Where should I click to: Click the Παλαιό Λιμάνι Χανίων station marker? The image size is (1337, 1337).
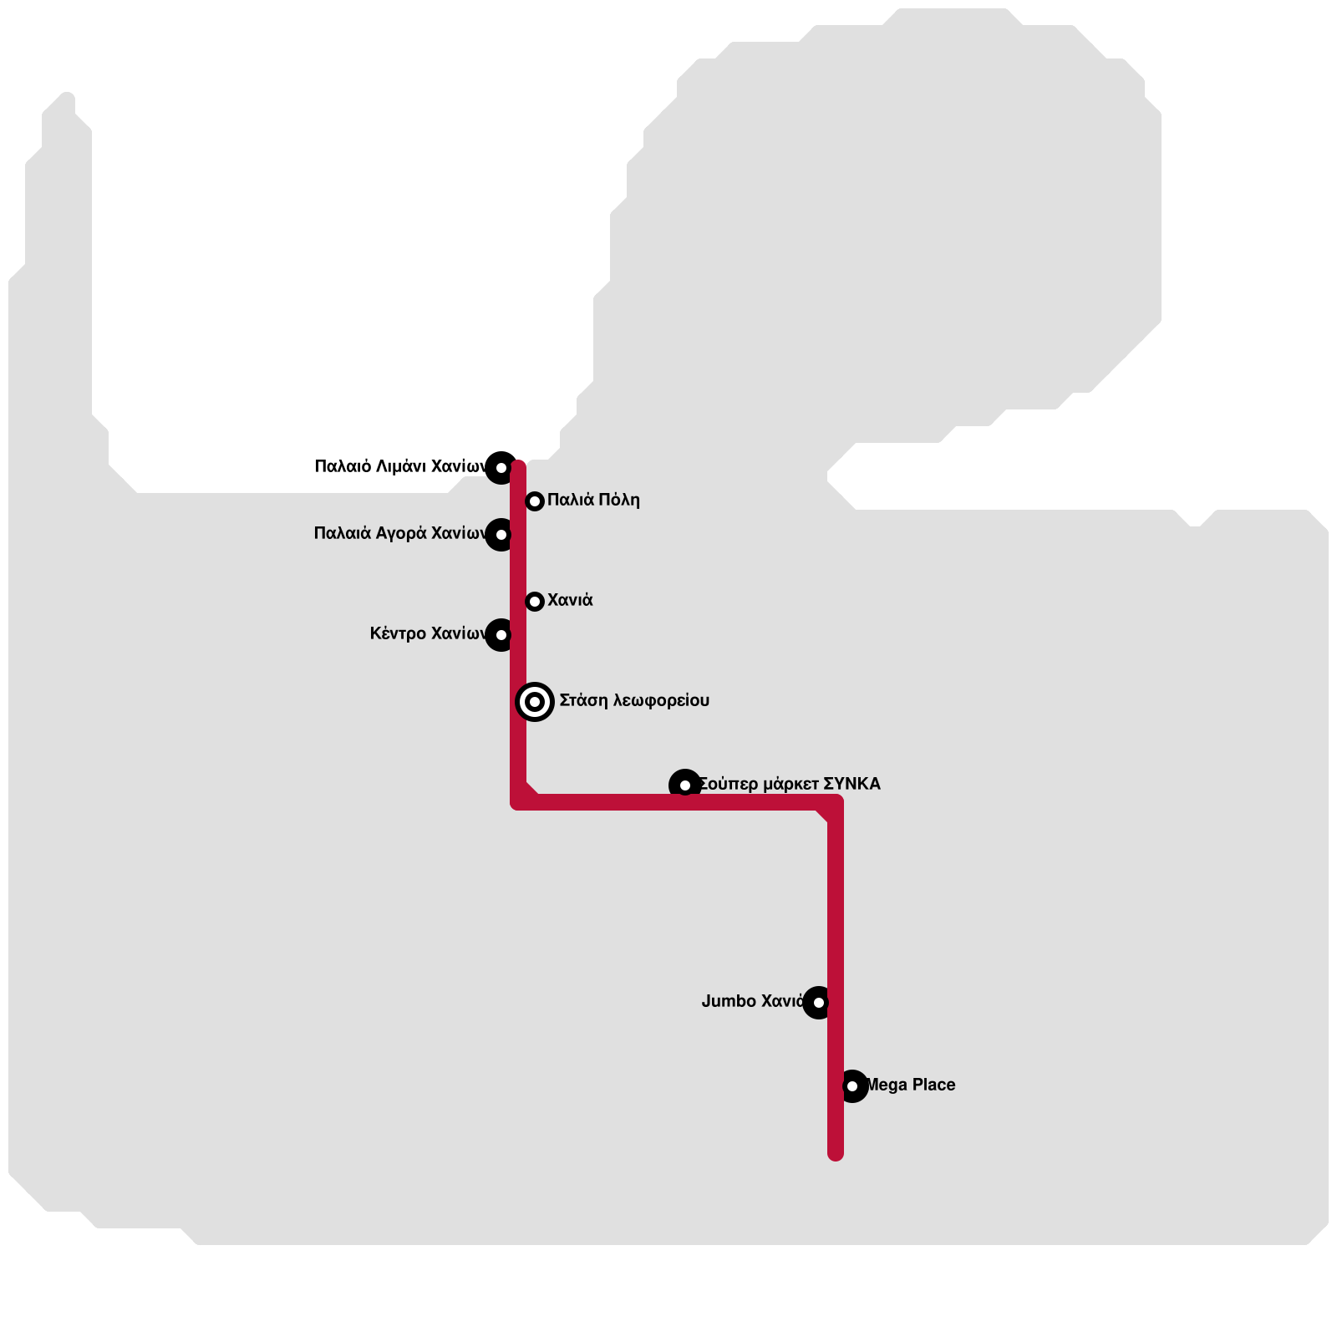coord(501,468)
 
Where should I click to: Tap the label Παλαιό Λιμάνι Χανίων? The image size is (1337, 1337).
coord(399,466)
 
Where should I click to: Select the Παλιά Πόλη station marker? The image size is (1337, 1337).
coord(535,501)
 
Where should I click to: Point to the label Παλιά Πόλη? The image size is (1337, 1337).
coord(593,500)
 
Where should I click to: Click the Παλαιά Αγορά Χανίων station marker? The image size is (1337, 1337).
coord(501,535)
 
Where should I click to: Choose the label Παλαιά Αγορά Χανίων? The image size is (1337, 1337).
coord(399,533)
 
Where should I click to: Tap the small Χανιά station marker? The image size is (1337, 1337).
coord(535,602)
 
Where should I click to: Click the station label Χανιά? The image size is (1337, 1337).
coord(570,600)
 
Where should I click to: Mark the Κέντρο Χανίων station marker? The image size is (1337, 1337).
coord(501,635)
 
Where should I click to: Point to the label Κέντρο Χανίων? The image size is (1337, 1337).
coord(427,633)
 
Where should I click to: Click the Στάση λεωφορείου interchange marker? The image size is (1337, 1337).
coord(535,702)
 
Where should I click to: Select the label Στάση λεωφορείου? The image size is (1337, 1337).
coord(634,700)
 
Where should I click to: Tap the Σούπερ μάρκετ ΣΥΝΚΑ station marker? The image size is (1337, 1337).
coord(685,785)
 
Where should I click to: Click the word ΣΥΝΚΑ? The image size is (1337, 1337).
coord(852,784)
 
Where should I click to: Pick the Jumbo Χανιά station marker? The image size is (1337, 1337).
coord(819,1003)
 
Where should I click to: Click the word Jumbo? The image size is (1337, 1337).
coord(729,1001)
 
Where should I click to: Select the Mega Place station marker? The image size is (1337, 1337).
coord(852,1086)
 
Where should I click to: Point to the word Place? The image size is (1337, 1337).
coord(933,1085)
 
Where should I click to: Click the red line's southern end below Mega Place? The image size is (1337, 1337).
coord(836,1153)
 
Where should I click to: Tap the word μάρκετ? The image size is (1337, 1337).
coord(791,784)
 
